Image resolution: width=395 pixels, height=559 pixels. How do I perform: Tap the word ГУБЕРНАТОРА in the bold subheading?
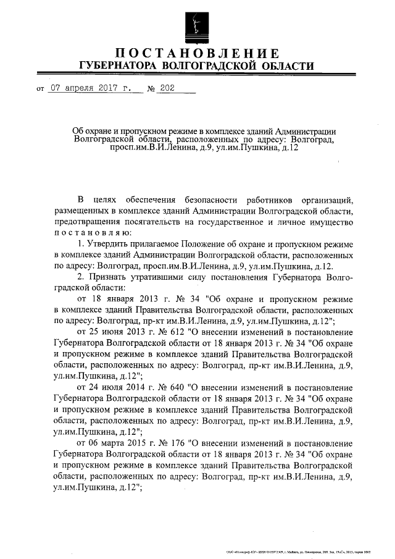[116, 65]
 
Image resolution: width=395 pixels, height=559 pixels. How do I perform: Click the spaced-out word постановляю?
[93, 233]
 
